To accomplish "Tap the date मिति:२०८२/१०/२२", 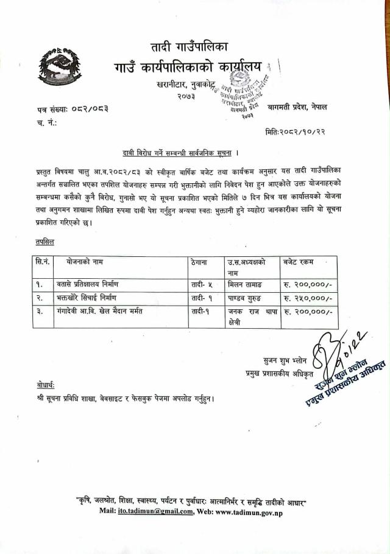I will pos(297,131).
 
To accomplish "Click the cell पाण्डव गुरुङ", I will pos(244,298).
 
